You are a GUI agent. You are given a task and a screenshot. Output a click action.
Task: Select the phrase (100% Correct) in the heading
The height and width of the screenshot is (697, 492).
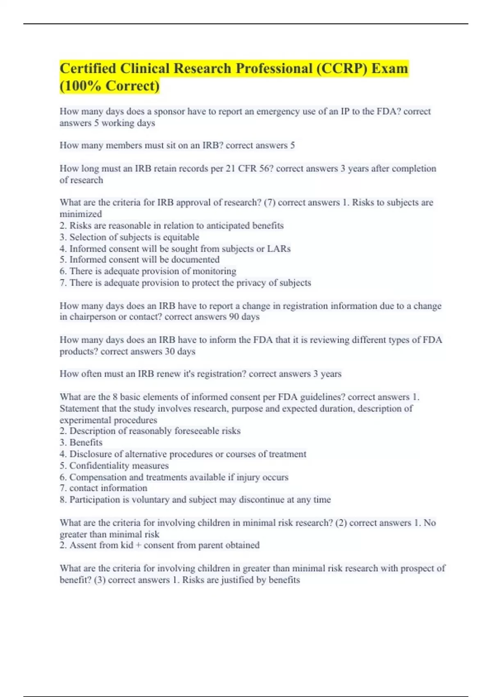click(x=109, y=86)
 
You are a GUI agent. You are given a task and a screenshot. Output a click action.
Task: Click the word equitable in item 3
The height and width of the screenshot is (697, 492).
click(x=181, y=237)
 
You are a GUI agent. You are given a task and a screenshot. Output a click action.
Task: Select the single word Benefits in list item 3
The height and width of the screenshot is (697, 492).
click(x=86, y=442)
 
